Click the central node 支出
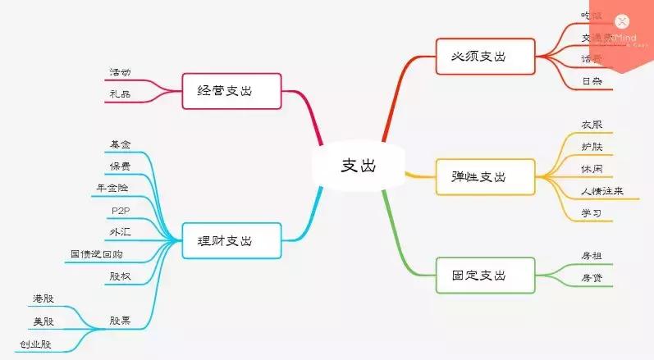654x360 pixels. [x=358, y=164]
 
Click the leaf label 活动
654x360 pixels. [x=120, y=72]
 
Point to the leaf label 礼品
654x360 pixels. [x=120, y=94]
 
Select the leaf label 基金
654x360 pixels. [x=120, y=144]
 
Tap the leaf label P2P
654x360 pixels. [x=120, y=211]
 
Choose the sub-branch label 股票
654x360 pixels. [x=120, y=320]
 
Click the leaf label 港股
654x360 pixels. [x=43, y=298]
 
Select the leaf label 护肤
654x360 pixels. [x=591, y=147]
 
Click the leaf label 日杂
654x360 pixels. [x=591, y=81]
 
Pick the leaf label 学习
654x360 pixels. [x=591, y=213]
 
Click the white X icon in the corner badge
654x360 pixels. [x=622, y=22]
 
